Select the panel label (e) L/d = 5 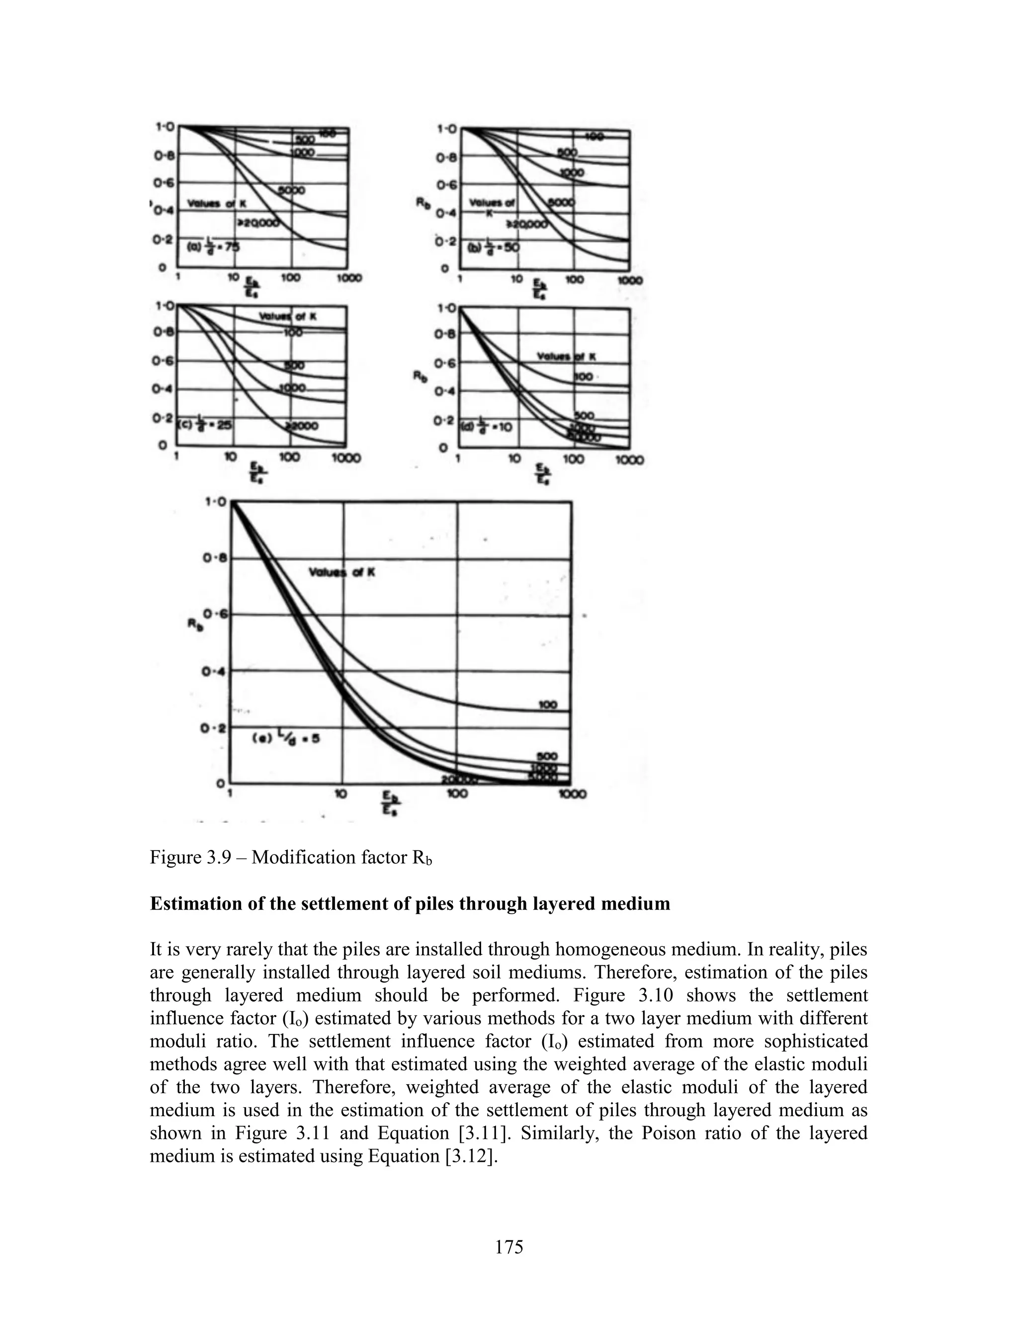pos(285,739)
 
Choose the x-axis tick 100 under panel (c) pos(290,458)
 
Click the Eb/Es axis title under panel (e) pos(391,806)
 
